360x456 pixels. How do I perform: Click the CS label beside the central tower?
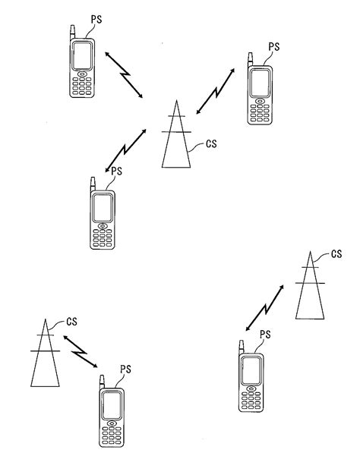[x=211, y=143]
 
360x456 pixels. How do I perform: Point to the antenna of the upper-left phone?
[x=72, y=32]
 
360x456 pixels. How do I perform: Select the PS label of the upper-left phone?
[x=96, y=19]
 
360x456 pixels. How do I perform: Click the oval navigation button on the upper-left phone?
[x=82, y=74]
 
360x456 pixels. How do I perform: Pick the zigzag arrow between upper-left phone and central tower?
[x=124, y=75]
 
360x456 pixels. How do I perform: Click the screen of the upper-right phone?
[x=260, y=83]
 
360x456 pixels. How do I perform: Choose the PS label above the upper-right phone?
[x=274, y=46]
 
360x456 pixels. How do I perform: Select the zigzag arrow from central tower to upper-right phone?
[x=216, y=91]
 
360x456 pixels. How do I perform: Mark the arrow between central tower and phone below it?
[x=125, y=150]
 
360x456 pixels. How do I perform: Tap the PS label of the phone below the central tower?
[x=117, y=171]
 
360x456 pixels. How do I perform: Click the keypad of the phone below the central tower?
[x=103, y=238]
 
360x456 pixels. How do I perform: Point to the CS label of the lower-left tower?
[x=71, y=322]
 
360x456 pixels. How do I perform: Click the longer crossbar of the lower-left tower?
[x=45, y=351]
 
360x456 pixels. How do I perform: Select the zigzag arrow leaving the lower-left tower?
[x=80, y=352]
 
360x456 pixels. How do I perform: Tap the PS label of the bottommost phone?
[x=126, y=370]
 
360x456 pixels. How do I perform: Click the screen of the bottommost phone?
[x=112, y=406]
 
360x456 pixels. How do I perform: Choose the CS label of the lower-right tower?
[x=336, y=254]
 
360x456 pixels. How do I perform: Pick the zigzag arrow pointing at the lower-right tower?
[x=264, y=308]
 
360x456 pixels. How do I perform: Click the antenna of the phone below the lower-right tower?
[x=241, y=348]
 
